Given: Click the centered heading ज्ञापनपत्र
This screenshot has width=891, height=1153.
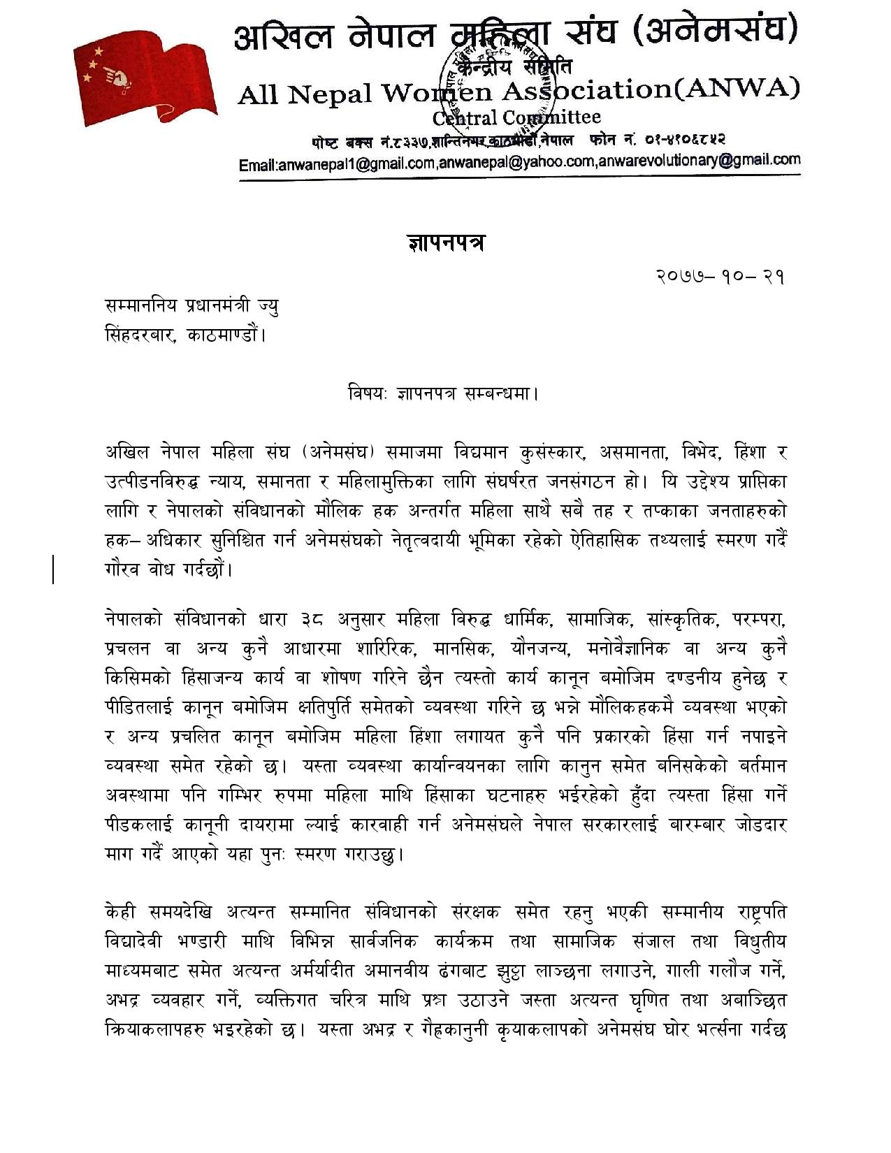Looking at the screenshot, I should [446, 242].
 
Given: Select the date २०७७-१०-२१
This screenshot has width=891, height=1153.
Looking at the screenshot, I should [720, 277].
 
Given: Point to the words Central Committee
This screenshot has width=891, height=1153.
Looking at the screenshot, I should [516, 117].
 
